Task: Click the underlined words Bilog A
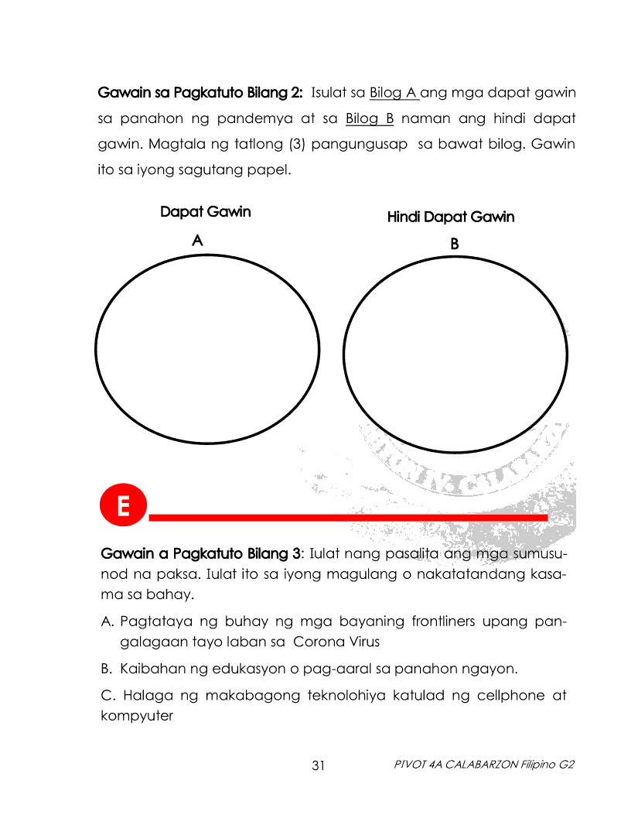[x=393, y=94]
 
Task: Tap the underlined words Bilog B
[x=370, y=119]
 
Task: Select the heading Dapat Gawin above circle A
[x=205, y=211]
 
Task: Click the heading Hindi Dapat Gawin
[x=450, y=217]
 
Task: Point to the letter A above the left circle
[x=197, y=241]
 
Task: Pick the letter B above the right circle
[x=455, y=244]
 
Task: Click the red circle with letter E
[x=122, y=507]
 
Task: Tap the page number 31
[x=319, y=765]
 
